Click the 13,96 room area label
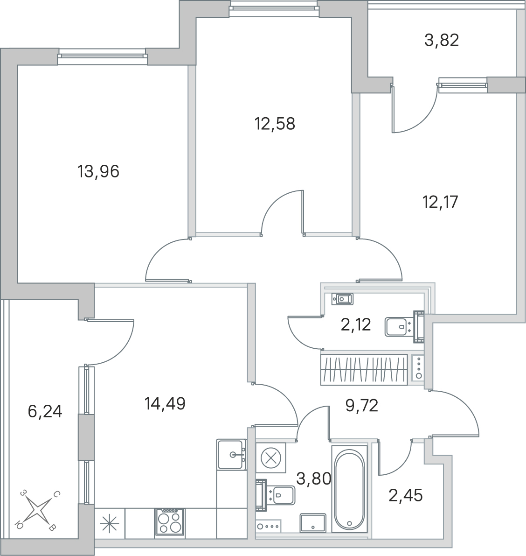(x=98, y=172)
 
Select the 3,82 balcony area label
(x=442, y=40)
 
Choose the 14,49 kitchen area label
(x=165, y=403)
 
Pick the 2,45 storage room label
(x=406, y=495)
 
